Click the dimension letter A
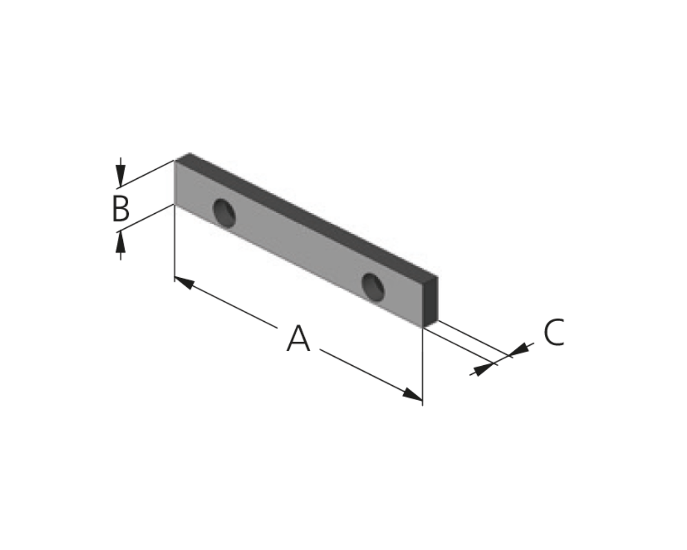click(298, 339)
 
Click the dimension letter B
click(121, 208)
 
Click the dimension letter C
click(554, 332)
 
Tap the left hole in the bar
click(224, 213)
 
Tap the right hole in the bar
click(373, 287)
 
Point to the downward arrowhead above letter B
click(120, 176)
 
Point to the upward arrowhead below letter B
click(120, 242)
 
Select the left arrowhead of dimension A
click(185, 283)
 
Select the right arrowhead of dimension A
click(412, 394)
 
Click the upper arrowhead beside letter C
click(519, 350)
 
